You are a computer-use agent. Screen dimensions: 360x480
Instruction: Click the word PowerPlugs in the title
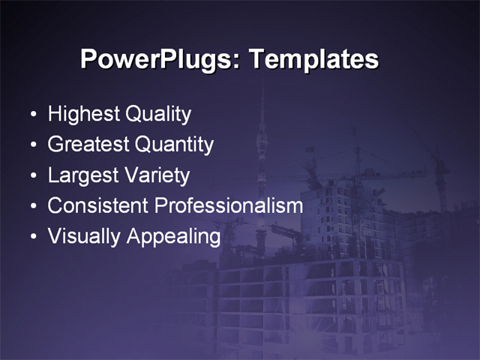click(158, 59)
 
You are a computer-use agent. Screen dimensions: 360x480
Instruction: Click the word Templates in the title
click(313, 59)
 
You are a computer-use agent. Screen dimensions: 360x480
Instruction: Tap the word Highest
click(83, 115)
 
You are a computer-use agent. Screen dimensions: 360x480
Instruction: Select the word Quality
click(158, 115)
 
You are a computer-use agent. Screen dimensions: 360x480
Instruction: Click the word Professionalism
click(229, 205)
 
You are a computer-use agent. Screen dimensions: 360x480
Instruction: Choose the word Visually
click(84, 236)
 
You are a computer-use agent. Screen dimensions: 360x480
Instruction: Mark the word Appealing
click(174, 236)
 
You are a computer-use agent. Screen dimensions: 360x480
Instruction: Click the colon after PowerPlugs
click(240, 61)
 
